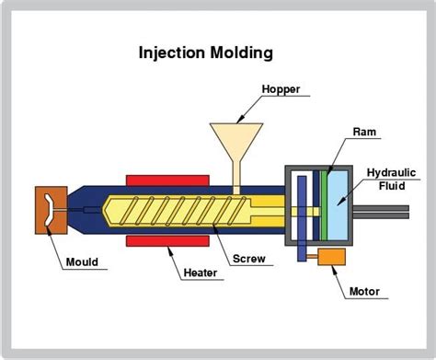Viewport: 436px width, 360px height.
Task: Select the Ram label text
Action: pos(362,133)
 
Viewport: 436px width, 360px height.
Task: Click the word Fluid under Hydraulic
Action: pos(395,186)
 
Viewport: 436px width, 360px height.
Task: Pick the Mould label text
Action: pos(82,261)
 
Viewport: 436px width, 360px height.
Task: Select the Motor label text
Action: pos(364,293)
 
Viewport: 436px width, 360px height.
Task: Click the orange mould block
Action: pos(48,210)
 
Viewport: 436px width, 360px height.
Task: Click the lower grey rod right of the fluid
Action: pos(385,217)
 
